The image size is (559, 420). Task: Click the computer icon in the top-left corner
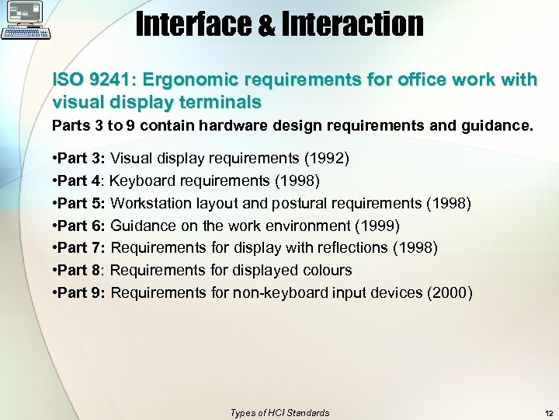26,20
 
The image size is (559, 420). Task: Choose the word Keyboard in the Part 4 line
143,181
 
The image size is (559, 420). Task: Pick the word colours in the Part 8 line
325,270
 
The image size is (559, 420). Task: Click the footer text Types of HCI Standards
279,413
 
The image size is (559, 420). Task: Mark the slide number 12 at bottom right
548,413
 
